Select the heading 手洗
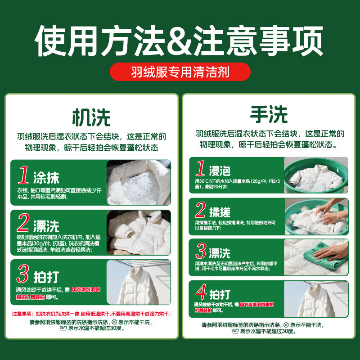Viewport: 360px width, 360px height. [x=269, y=115]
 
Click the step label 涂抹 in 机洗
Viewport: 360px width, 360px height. [x=46, y=177]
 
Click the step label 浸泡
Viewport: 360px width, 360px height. [x=220, y=171]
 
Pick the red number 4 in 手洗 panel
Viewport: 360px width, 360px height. [x=200, y=294]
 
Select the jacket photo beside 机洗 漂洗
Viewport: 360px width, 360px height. [x=139, y=232]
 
